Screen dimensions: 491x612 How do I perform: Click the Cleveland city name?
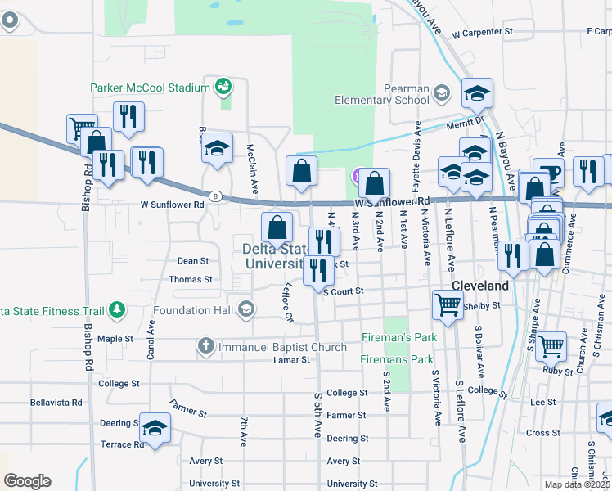click(x=480, y=286)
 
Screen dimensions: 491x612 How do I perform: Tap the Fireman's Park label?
click(x=399, y=337)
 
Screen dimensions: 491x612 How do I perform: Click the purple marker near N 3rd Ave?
click(x=358, y=176)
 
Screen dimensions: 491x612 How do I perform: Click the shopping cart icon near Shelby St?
click(x=448, y=304)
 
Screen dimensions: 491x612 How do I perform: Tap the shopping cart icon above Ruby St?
click(x=551, y=345)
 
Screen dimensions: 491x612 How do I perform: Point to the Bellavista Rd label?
click(x=56, y=403)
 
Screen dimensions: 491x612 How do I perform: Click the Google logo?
click(x=27, y=481)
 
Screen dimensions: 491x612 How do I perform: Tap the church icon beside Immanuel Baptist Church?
click(x=207, y=347)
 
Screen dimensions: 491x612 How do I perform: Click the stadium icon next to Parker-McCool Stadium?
click(x=222, y=86)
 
